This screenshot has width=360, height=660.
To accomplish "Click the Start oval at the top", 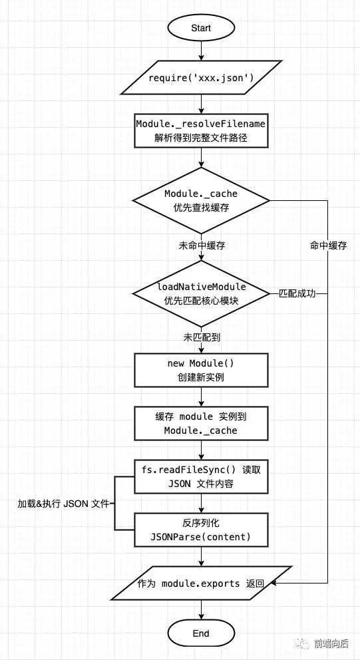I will point(200,29).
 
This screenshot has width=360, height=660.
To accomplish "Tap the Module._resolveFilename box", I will point(200,131).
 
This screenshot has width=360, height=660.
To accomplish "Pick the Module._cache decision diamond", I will point(200,200).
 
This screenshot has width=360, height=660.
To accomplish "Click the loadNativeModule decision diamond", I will point(200,293).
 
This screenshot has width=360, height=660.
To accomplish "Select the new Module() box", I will point(200,371).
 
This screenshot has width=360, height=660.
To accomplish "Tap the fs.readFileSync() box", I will point(200,476).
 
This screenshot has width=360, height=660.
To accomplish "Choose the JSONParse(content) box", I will point(200,530).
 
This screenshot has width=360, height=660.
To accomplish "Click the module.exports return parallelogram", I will point(200,583).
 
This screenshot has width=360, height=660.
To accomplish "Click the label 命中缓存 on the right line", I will point(329,246).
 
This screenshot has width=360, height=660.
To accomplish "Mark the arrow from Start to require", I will point(200,54).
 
